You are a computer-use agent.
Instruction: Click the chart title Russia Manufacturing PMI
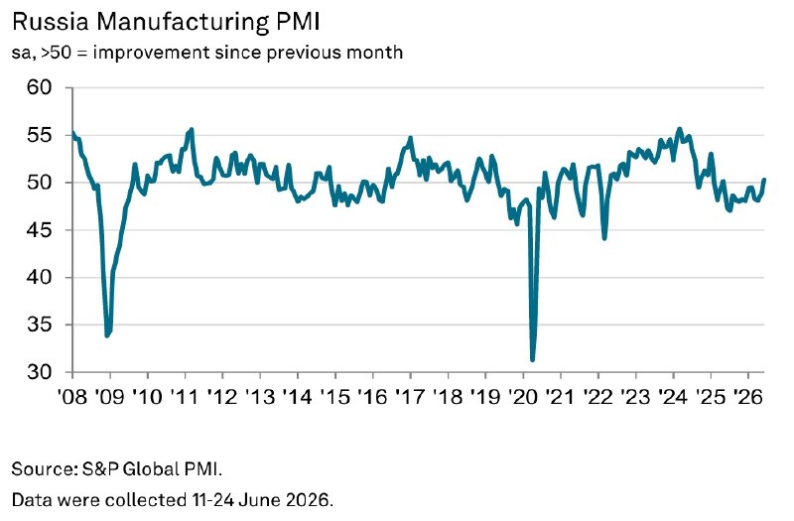click(x=166, y=22)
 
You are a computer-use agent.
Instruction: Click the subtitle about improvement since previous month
click(x=207, y=53)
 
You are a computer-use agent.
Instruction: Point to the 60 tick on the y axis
click(x=39, y=87)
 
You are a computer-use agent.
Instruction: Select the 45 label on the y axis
click(x=39, y=230)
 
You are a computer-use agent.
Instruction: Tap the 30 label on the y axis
click(x=39, y=372)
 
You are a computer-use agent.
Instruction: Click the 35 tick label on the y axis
click(x=39, y=325)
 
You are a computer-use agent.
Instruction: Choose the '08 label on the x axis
click(x=72, y=397)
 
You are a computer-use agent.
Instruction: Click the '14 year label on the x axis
click(x=298, y=397)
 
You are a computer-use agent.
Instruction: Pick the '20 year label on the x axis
click(x=523, y=397)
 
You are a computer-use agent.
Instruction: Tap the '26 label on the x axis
click(x=748, y=397)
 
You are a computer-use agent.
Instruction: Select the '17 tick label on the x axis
click(x=410, y=397)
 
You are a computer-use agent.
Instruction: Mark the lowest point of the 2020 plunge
click(x=532, y=360)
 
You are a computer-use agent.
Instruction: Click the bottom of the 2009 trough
click(x=107, y=335)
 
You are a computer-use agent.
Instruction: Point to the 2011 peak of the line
click(x=192, y=130)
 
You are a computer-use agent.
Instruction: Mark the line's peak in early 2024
click(x=680, y=129)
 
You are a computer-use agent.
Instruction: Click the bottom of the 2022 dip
click(x=604, y=238)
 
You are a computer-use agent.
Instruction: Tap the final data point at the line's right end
click(x=764, y=180)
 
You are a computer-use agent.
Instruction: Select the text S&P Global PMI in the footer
click(x=152, y=468)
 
